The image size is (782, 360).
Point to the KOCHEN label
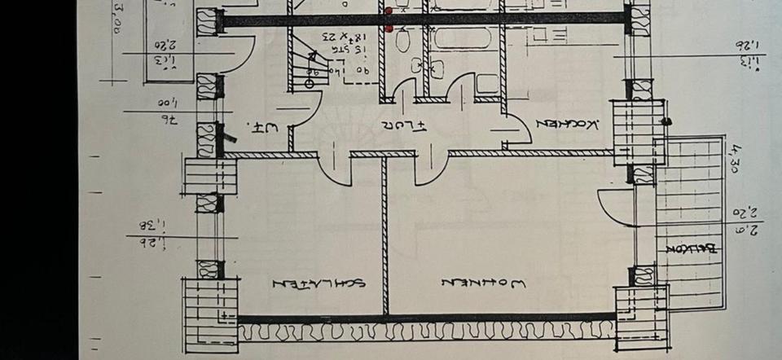pyautogui.click(x=570, y=123)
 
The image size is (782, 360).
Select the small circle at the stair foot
pyautogui.click(x=310, y=83)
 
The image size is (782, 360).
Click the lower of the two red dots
pyautogui.click(x=389, y=29)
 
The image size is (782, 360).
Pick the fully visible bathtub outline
pyautogui.click(x=461, y=38)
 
